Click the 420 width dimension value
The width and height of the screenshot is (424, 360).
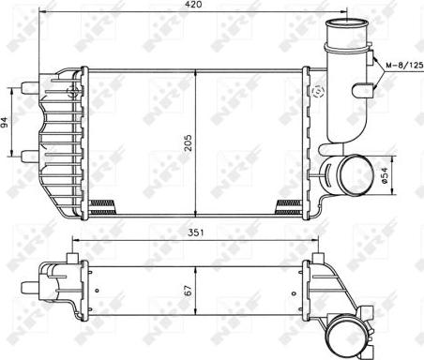193,5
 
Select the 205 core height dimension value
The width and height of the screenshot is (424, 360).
188,142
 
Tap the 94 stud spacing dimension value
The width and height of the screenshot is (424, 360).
4,122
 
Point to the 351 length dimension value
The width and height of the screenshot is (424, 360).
195,232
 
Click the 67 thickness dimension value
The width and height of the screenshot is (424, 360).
188,291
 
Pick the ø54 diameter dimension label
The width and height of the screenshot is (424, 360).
385,175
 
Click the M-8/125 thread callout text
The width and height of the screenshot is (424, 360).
404,66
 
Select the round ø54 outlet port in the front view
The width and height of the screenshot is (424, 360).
356,174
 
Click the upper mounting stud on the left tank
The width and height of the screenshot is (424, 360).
30,86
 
